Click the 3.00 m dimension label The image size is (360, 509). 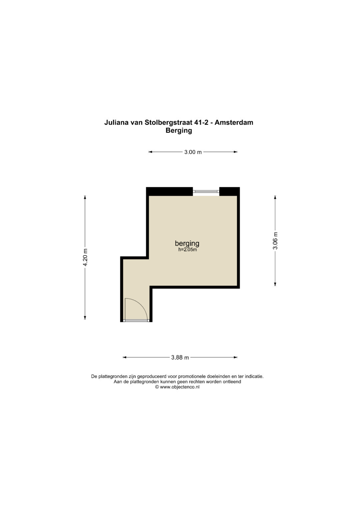tap(193, 152)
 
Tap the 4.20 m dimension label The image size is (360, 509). tap(85, 257)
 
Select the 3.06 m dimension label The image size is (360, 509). tap(275, 241)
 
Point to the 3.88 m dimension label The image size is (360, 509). tap(180, 357)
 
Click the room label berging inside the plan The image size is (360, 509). tap(187, 244)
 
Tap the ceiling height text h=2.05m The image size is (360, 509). tap(187, 250)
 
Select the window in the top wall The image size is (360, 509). tap(206, 191)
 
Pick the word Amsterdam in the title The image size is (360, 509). tap(234, 122)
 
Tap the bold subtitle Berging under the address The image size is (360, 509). tap(179, 131)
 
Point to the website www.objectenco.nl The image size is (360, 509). tap(180, 387)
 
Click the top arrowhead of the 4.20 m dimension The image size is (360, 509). tap(85, 197)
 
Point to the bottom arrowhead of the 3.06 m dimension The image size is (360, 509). tap(275, 284)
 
